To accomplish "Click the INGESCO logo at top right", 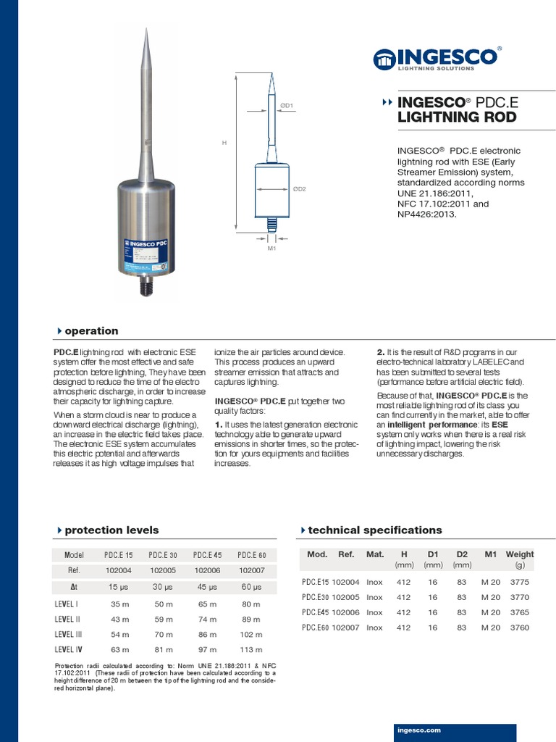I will pyautogui.click(x=437, y=58).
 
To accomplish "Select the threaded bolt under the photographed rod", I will pyautogui.click(x=147, y=287).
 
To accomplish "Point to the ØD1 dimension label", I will pyautogui.click(x=287, y=106).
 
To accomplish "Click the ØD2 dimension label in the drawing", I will pyautogui.click(x=299, y=189).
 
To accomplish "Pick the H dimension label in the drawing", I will pyautogui.click(x=224, y=143).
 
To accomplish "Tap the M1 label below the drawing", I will pyautogui.click(x=271, y=249).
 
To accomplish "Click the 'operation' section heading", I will pyautogui.click(x=91, y=331).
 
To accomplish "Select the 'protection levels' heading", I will pyautogui.click(x=111, y=530).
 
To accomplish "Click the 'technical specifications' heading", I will pyautogui.click(x=374, y=530).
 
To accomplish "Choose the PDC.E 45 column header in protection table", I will pyautogui.click(x=207, y=555).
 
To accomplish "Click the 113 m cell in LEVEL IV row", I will pyautogui.click(x=250, y=650).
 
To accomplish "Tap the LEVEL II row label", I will pyautogui.click(x=69, y=619).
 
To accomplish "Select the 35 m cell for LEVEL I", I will pyautogui.click(x=119, y=604).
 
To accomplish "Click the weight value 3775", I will pyautogui.click(x=519, y=581).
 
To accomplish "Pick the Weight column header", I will pyautogui.click(x=519, y=554).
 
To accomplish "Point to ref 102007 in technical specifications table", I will pyautogui.click(x=345, y=628).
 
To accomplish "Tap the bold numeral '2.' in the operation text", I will pyautogui.click(x=382, y=352).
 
